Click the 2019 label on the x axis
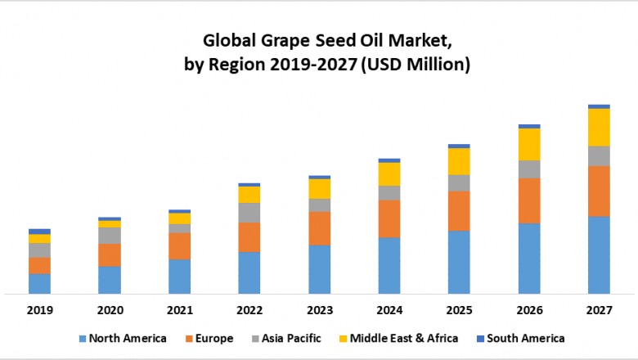[39, 310]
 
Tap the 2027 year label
[599, 310]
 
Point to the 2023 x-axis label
[319, 310]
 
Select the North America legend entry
[122, 338]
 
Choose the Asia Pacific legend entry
[286, 338]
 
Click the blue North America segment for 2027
[599, 254]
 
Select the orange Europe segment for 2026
[529, 200]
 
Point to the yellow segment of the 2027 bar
[599, 127]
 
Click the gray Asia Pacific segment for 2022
[249, 213]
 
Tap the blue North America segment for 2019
[39, 283]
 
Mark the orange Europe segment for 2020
[110, 255]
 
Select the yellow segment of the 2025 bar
[459, 161]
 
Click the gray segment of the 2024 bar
[389, 193]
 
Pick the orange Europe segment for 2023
[319, 228]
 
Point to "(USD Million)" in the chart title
[416, 65]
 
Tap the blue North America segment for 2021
[179, 277]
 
